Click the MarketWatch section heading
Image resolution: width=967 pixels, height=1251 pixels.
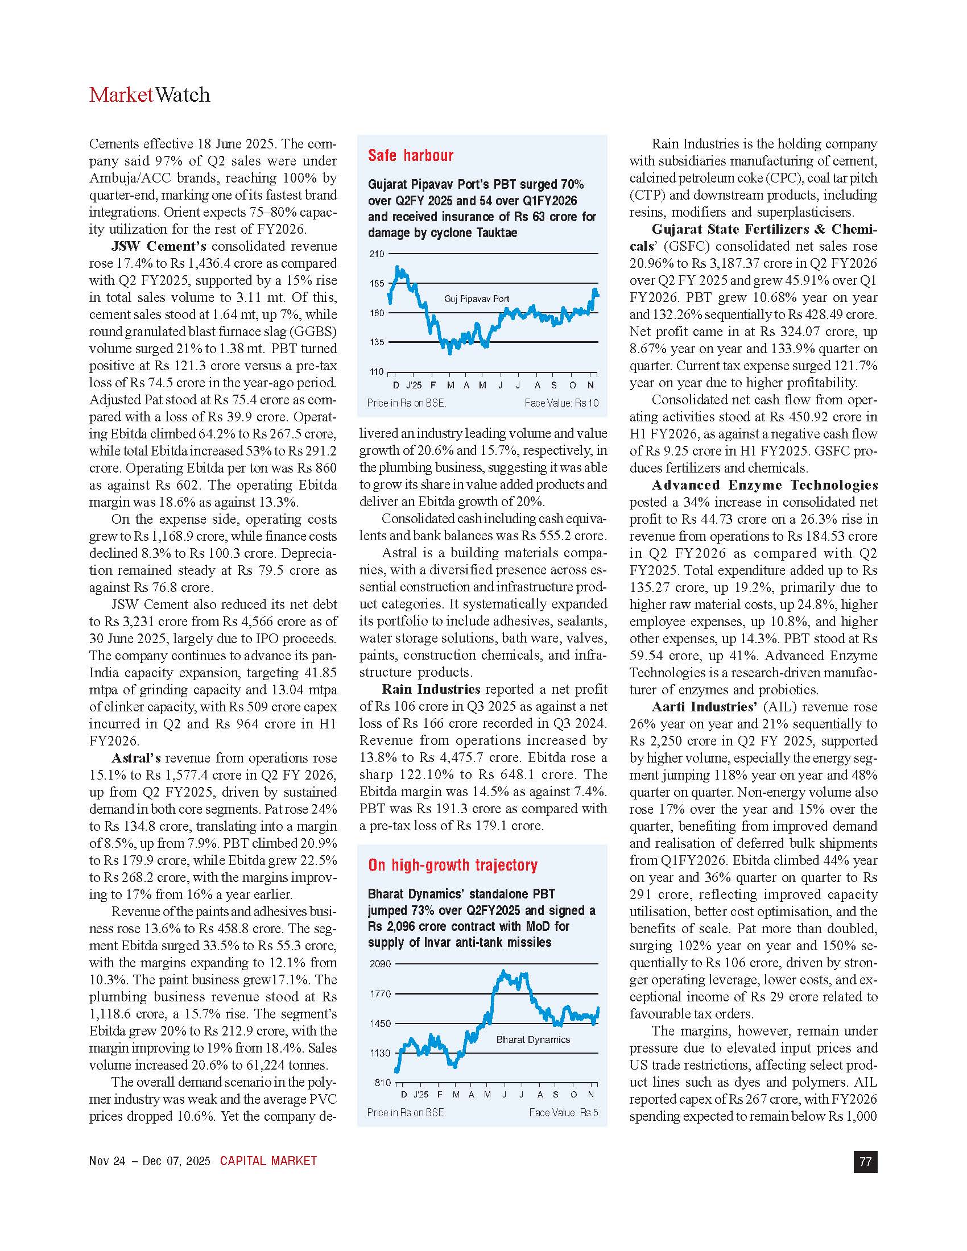coord(150,94)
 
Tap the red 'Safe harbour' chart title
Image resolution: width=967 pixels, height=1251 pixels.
coord(410,155)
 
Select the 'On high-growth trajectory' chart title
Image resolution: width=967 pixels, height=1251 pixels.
coord(453,865)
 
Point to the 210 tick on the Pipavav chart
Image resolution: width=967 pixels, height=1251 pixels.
coord(377,254)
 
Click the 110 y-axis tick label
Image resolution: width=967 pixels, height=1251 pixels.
coord(377,372)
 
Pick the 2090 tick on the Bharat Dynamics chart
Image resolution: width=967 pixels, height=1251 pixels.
coord(380,964)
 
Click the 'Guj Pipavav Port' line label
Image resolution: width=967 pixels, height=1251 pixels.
coord(477,299)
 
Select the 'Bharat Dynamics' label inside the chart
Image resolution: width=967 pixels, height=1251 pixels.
coord(533,1039)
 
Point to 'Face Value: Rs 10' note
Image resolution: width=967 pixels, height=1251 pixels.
coord(561,403)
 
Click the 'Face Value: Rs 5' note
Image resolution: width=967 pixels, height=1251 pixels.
coord(564,1112)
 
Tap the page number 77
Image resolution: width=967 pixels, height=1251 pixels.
coord(865,1161)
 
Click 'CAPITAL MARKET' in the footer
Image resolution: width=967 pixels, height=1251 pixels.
coord(268,1161)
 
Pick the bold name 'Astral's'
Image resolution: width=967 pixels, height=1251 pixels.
coord(136,758)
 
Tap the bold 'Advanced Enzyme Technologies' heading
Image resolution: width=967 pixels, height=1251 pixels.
coord(764,485)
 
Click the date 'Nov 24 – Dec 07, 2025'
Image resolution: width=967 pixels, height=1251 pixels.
coord(150,1161)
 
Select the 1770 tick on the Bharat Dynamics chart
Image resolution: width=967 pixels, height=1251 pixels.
coord(380,994)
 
